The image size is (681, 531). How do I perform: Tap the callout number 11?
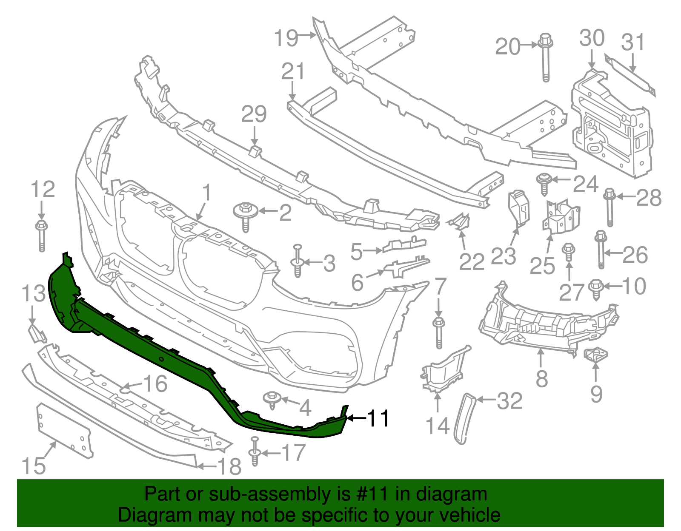[x=378, y=418]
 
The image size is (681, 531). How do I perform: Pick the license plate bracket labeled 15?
[x=64, y=430]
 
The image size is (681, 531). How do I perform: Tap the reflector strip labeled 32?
[x=465, y=419]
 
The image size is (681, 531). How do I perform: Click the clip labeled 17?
[x=255, y=452]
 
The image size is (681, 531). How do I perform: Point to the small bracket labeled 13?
[x=37, y=333]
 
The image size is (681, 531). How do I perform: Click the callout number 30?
[x=592, y=38]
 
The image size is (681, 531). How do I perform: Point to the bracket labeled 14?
[x=443, y=370]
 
